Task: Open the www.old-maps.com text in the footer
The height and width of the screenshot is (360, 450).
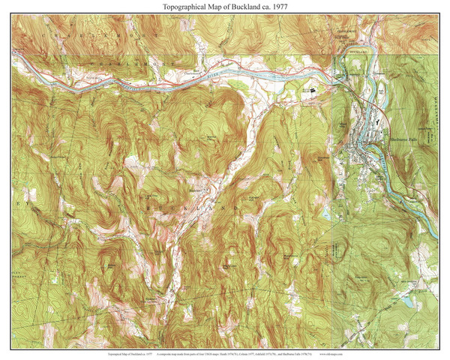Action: click(422, 351)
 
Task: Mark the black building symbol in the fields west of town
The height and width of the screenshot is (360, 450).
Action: click(313, 88)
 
